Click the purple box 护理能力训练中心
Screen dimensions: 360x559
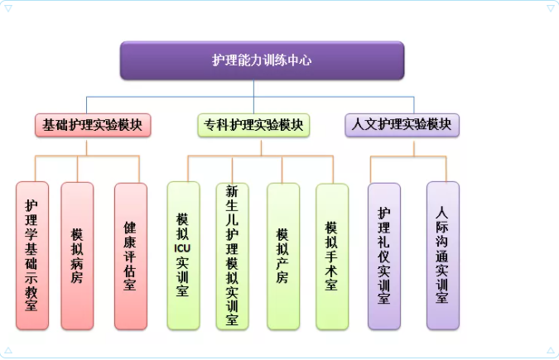[x=262, y=60]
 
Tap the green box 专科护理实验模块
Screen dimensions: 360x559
[x=254, y=125]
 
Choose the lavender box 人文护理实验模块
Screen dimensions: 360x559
[x=402, y=124]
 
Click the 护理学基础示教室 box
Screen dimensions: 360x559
[x=32, y=256]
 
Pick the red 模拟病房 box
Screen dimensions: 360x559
[x=77, y=256]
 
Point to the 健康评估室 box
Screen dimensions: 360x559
[x=130, y=256]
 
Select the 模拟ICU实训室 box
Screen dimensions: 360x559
[x=183, y=256]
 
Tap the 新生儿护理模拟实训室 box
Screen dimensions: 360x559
[x=233, y=256]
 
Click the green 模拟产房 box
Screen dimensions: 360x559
[x=282, y=256]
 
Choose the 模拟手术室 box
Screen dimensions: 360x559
[x=331, y=256]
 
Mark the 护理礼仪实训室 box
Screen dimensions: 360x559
[x=383, y=256]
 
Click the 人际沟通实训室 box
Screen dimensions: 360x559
[x=442, y=254]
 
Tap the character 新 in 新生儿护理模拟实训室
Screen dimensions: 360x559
[x=233, y=191]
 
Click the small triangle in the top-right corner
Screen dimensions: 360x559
[x=550, y=9]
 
